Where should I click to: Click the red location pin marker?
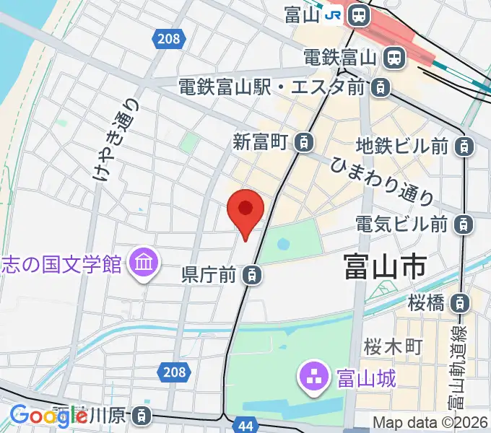tap(245, 210)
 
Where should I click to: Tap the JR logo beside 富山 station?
tap(334, 14)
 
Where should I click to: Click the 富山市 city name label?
tap(384, 266)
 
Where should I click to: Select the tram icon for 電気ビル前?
tap(465, 224)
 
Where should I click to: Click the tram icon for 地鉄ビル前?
tap(465, 146)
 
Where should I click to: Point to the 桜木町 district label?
tap(393, 346)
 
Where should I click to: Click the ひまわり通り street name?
tap(382, 180)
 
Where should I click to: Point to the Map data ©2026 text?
tap(431, 423)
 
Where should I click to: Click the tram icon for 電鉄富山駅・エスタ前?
tap(380, 88)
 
